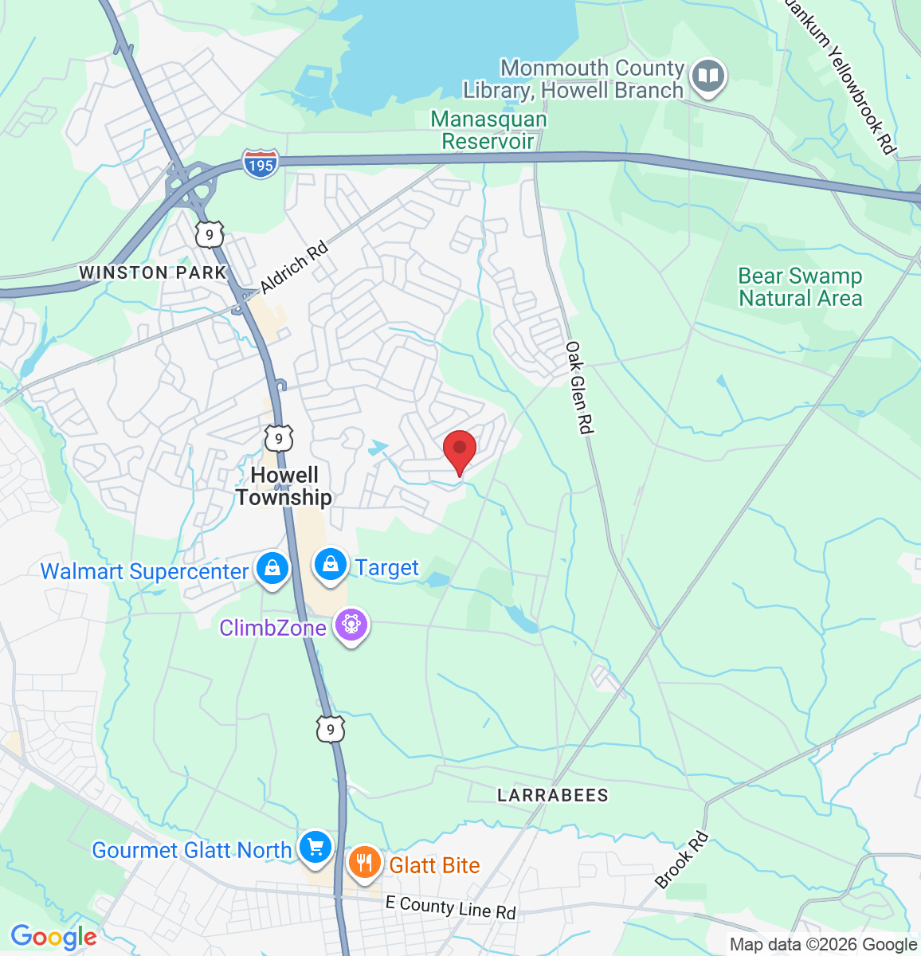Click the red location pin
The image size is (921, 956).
tap(460, 449)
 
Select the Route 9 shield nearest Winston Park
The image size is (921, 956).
tap(210, 233)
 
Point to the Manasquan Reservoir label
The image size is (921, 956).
tap(488, 131)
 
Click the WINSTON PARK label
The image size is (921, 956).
tap(153, 272)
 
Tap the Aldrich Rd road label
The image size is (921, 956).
tap(294, 268)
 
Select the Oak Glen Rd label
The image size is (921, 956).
tap(579, 388)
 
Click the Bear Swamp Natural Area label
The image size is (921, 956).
tap(800, 288)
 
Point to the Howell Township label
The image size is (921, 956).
tap(284, 486)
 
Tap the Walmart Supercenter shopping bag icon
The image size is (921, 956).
tap(272, 569)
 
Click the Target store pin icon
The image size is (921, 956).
tap(330, 566)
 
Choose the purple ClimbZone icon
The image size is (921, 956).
tap(351, 625)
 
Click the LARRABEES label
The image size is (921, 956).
tap(553, 795)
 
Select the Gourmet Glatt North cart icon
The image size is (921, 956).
tap(315, 848)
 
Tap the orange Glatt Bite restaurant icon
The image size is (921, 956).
tap(364, 863)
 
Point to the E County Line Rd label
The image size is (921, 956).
tap(450, 907)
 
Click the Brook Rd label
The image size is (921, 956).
tap(681, 860)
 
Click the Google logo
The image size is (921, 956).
tap(53, 938)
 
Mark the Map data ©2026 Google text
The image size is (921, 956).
tap(823, 945)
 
